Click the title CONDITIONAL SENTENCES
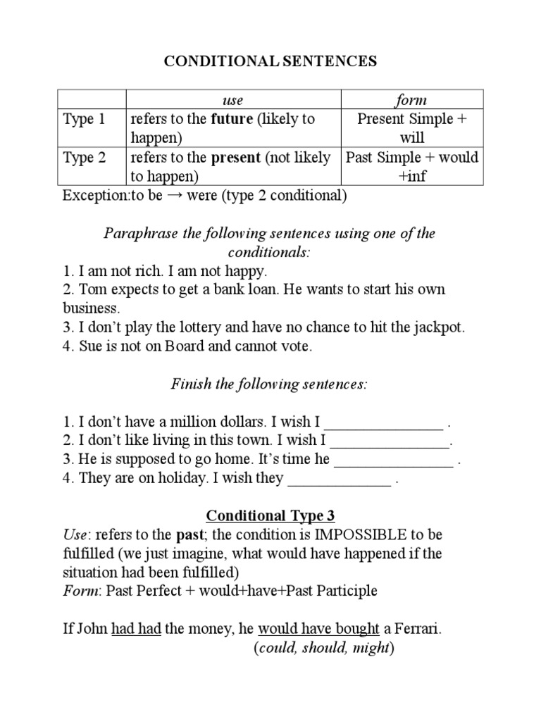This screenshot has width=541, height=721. [270, 61]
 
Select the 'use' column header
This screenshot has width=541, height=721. [232, 100]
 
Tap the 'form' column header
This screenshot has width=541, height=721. [412, 100]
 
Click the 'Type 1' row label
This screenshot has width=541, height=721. [84, 119]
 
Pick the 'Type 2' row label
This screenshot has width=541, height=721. [84, 157]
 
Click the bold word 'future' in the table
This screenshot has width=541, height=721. [232, 119]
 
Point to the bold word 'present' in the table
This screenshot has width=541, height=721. [236, 157]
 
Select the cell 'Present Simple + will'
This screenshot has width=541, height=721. [412, 128]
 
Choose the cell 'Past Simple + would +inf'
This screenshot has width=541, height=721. [412, 166]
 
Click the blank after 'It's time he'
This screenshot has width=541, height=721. [393, 460]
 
